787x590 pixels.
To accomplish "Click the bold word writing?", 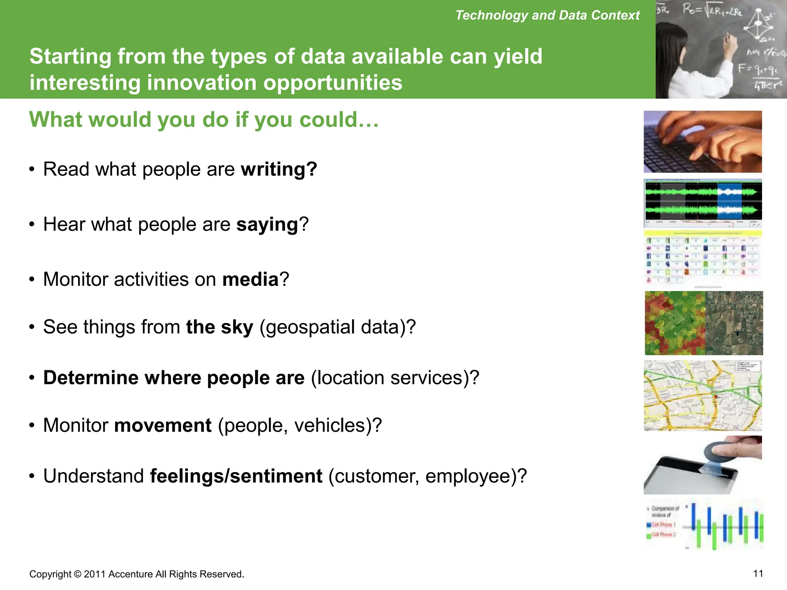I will (x=279, y=169).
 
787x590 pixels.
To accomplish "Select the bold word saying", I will (x=267, y=225).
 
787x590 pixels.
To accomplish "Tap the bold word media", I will (x=250, y=279).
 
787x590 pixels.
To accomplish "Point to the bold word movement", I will (x=163, y=425).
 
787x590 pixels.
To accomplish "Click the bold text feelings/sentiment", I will (x=236, y=476).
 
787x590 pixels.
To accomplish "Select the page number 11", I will (x=758, y=573).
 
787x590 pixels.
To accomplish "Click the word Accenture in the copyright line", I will (x=131, y=574).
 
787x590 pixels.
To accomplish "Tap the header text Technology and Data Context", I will (x=547, y=15).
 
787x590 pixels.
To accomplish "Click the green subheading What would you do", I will (x=204, y=119).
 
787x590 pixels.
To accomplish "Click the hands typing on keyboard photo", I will (x=702, y=141).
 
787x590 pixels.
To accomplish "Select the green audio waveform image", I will (x=702, y=203).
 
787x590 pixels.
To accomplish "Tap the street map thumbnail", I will (x=702, y=395).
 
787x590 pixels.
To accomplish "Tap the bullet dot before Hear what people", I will (x=32, y=224).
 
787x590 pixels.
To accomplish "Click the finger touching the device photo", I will (x=702, y=465).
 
